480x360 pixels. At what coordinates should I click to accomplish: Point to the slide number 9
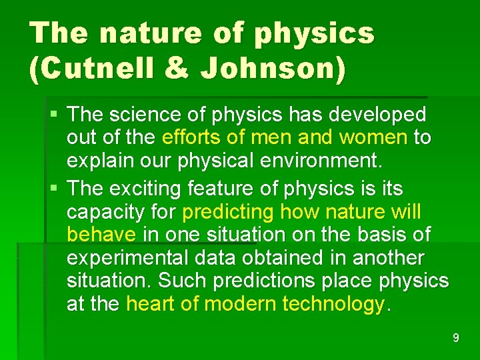456,338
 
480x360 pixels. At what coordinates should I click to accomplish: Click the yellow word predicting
228,212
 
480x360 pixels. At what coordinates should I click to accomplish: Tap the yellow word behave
101,235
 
